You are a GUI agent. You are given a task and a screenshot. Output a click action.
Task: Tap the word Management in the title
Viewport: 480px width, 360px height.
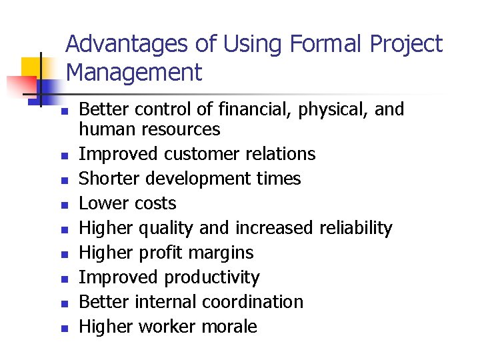click(x=134, y=72)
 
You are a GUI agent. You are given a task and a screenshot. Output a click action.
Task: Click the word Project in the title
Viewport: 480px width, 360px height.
click(x=406, y=45)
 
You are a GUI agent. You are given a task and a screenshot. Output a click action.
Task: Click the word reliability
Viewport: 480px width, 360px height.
click(x=355, y=228)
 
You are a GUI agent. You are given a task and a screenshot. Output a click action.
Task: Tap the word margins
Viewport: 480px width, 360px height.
click(x=221, y=253)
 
